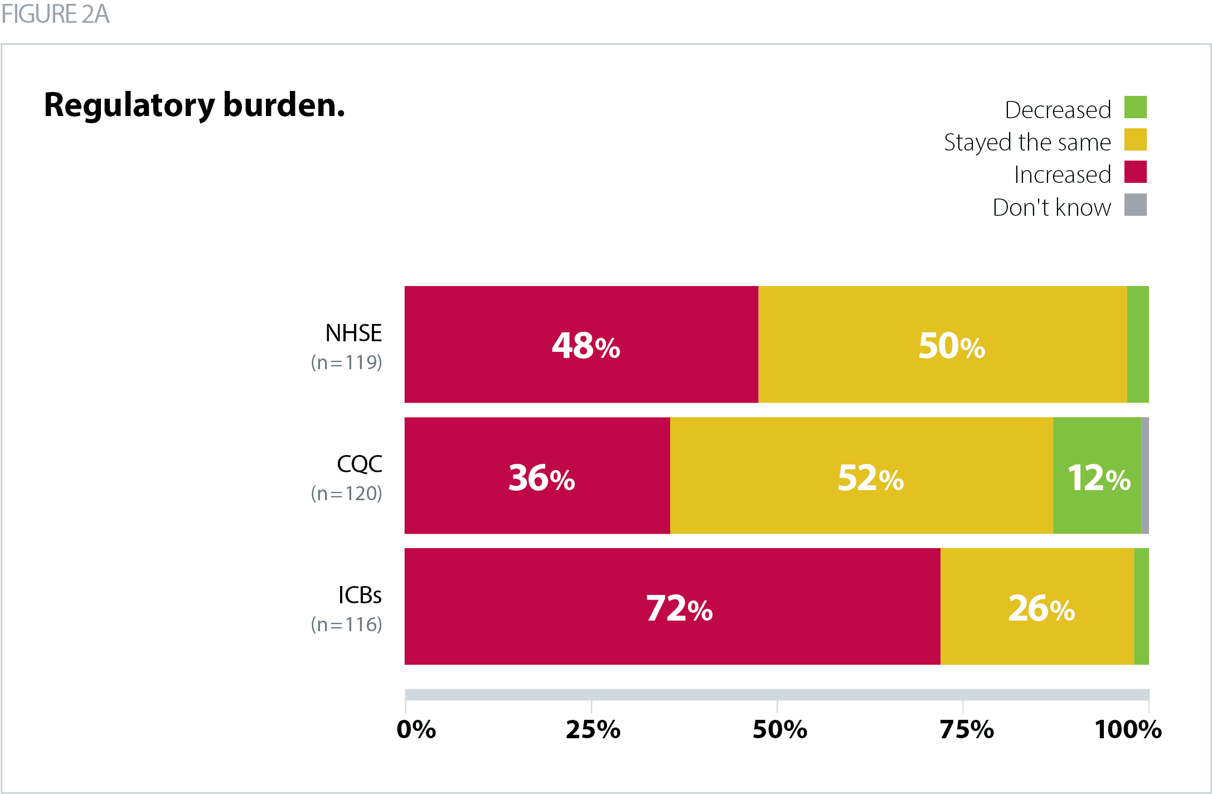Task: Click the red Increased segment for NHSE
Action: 581,344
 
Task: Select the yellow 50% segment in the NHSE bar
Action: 942,344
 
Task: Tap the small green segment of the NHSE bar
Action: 1138,344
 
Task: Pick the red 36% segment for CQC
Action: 537,476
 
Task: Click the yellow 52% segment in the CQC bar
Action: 861,476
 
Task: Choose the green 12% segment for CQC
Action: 1097,476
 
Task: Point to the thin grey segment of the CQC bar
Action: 1145,476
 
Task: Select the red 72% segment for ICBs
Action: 672,606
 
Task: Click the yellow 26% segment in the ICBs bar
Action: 1037,606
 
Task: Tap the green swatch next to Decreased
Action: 1135,107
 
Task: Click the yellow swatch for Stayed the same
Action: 1135,139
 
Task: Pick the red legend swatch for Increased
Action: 1135,172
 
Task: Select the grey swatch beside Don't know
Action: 1135,205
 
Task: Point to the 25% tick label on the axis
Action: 593,729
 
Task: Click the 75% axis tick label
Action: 966,729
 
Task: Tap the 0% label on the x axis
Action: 416,729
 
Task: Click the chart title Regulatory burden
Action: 194,105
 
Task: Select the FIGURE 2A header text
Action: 55,14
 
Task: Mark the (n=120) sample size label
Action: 346,493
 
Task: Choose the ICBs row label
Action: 360,595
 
